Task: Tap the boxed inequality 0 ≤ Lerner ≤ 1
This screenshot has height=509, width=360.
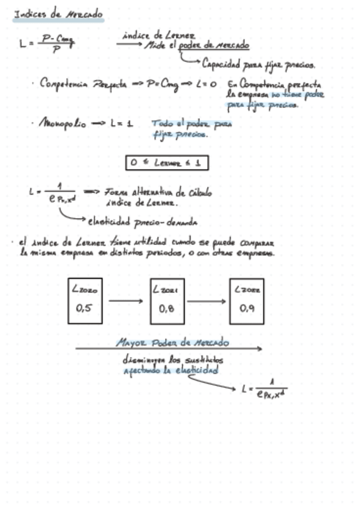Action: click(167, 162)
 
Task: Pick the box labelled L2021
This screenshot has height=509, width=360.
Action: click(167, 301)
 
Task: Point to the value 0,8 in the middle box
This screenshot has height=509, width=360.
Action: click(166, 309)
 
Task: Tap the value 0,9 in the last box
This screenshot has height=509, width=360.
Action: click(247, 309)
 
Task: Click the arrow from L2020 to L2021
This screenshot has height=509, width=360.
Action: click(128, 301)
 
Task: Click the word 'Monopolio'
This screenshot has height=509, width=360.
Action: click(62, 124)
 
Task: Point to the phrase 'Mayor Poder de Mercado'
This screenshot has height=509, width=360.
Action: click(172, 343)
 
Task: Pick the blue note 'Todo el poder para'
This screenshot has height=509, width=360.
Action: click(191, 124)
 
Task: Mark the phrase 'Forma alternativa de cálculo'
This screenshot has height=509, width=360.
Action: click(158, 193)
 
